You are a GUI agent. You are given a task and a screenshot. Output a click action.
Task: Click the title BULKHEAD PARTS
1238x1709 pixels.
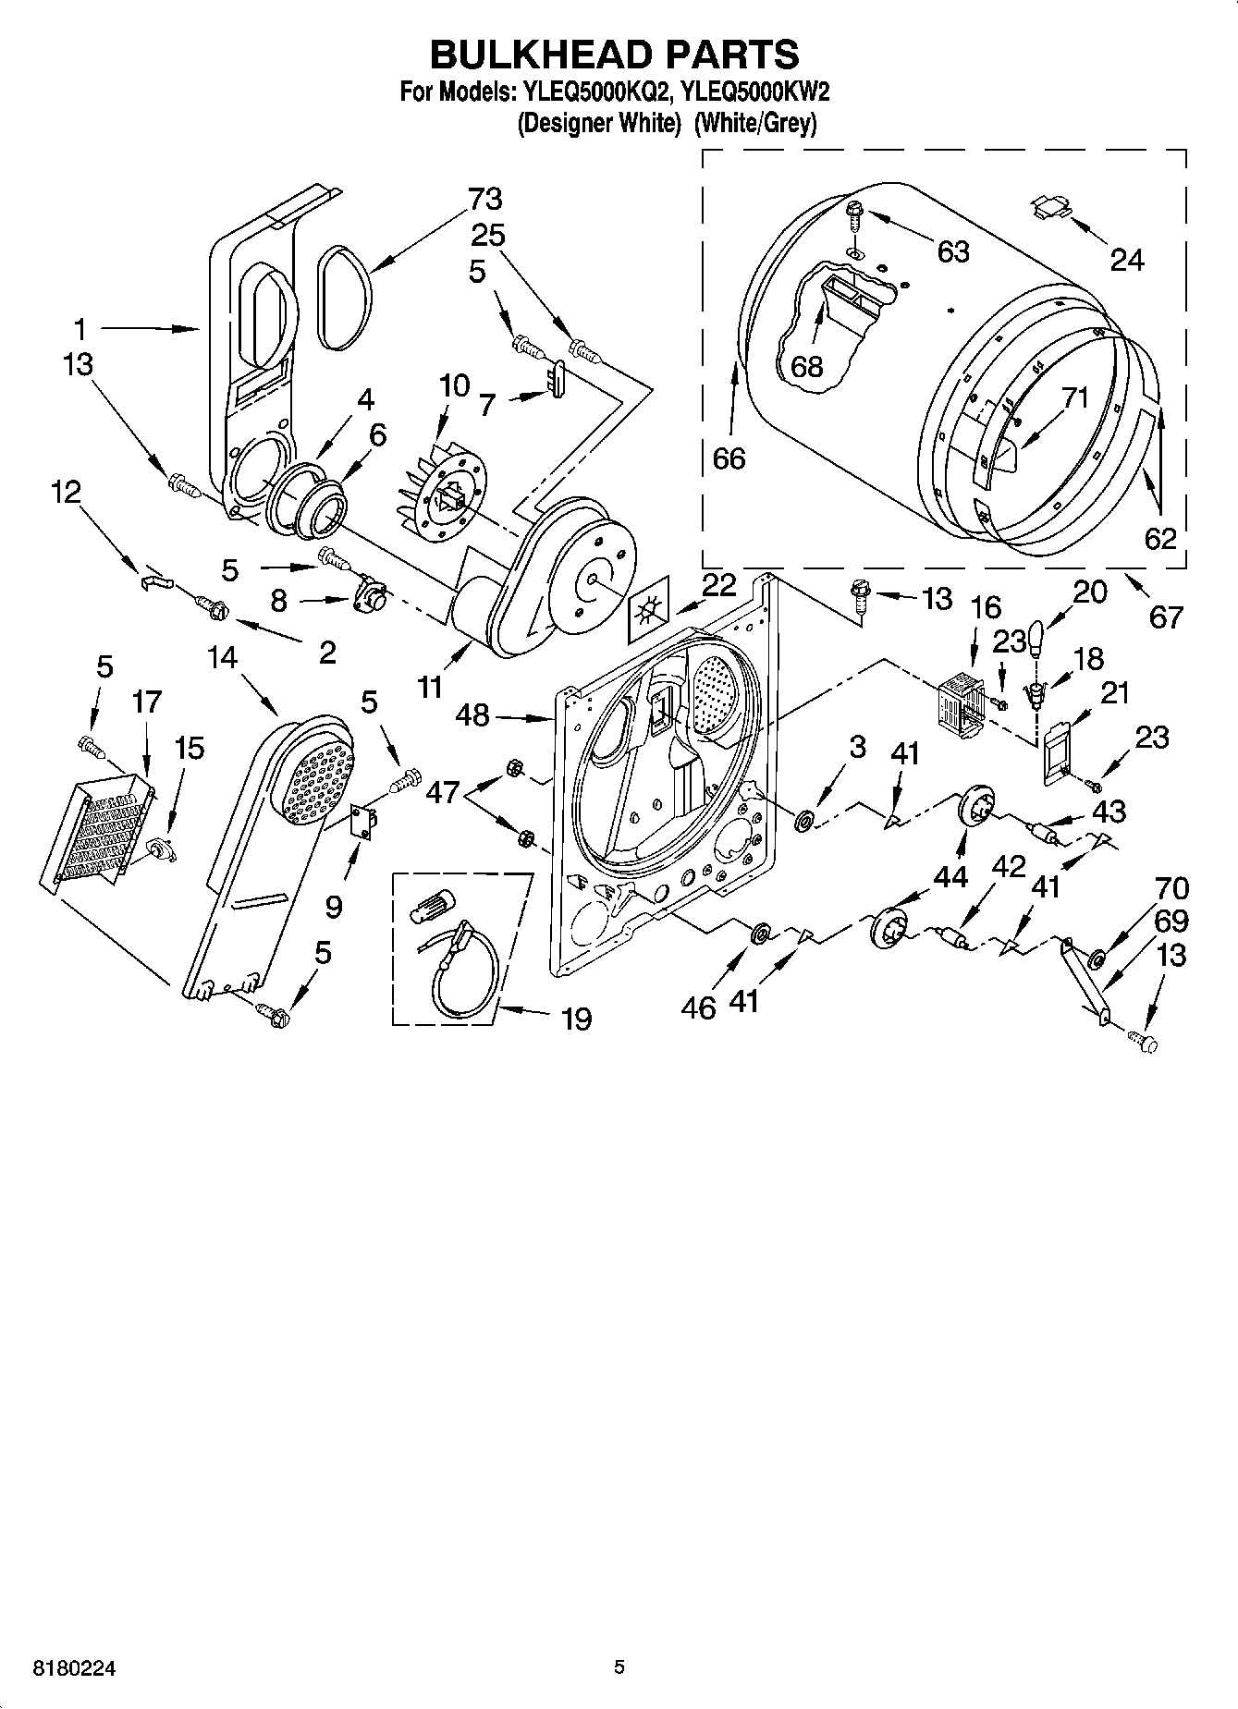pyautogui.click(x=614, y=55)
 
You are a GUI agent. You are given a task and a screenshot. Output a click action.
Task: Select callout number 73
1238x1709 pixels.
pyautogui.click(x=484, y=199)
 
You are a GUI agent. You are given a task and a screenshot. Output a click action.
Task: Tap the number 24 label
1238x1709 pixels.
pyautogui.click(x=1126, y=261)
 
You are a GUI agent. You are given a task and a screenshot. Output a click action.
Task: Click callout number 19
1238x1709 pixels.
pyautogui.click(x=576, y=1019)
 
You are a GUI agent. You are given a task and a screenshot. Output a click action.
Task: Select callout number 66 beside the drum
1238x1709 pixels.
pyautogui.click(x=729, y=458)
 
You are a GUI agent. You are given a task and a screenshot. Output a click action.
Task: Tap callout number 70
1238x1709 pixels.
pyautogui.click(x=1171, y=889)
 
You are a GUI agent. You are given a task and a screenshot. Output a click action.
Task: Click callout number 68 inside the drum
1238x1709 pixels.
pyautogui.click(x=806, y=366)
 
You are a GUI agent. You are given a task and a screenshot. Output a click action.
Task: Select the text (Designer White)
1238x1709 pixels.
pyautogui.click(x=593, y=123)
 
